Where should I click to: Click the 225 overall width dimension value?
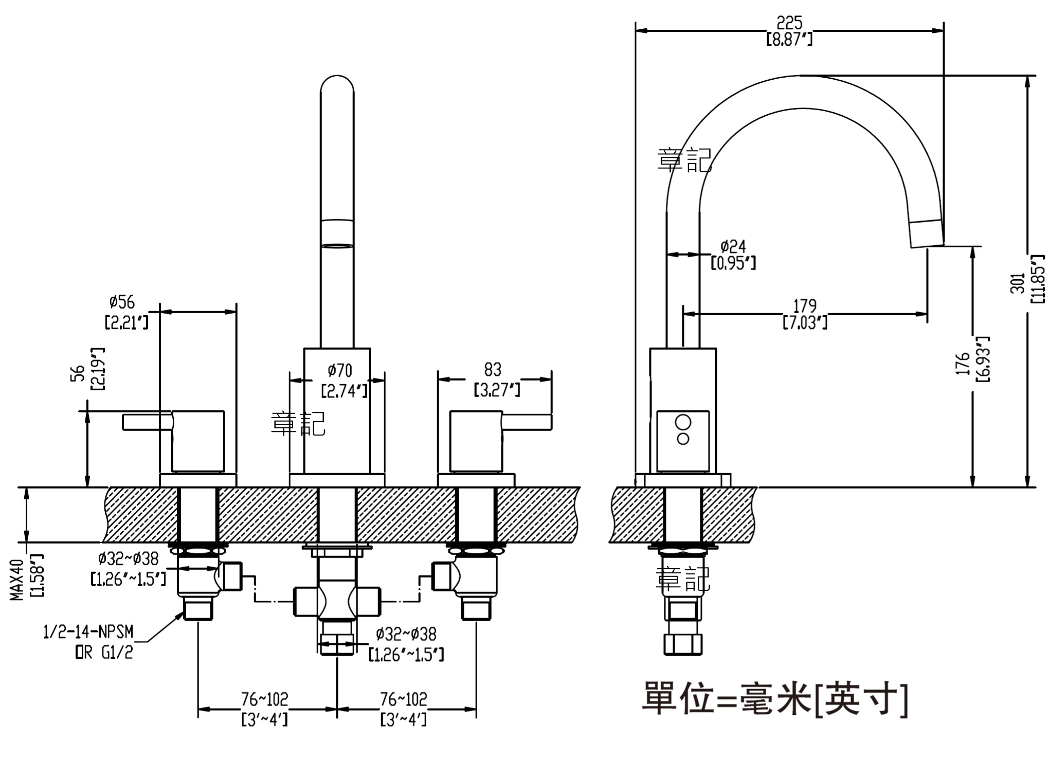pos(789,23)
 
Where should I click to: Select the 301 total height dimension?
pos(1018,282)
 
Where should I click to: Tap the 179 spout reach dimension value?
pos(805,306)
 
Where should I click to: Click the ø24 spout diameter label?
pos(733,246)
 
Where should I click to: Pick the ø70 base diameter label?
pos(340,370)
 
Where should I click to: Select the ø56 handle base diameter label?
pos(122,302)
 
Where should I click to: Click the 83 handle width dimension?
pos(493,369)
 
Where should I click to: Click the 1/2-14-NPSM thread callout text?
pos(88,631)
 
